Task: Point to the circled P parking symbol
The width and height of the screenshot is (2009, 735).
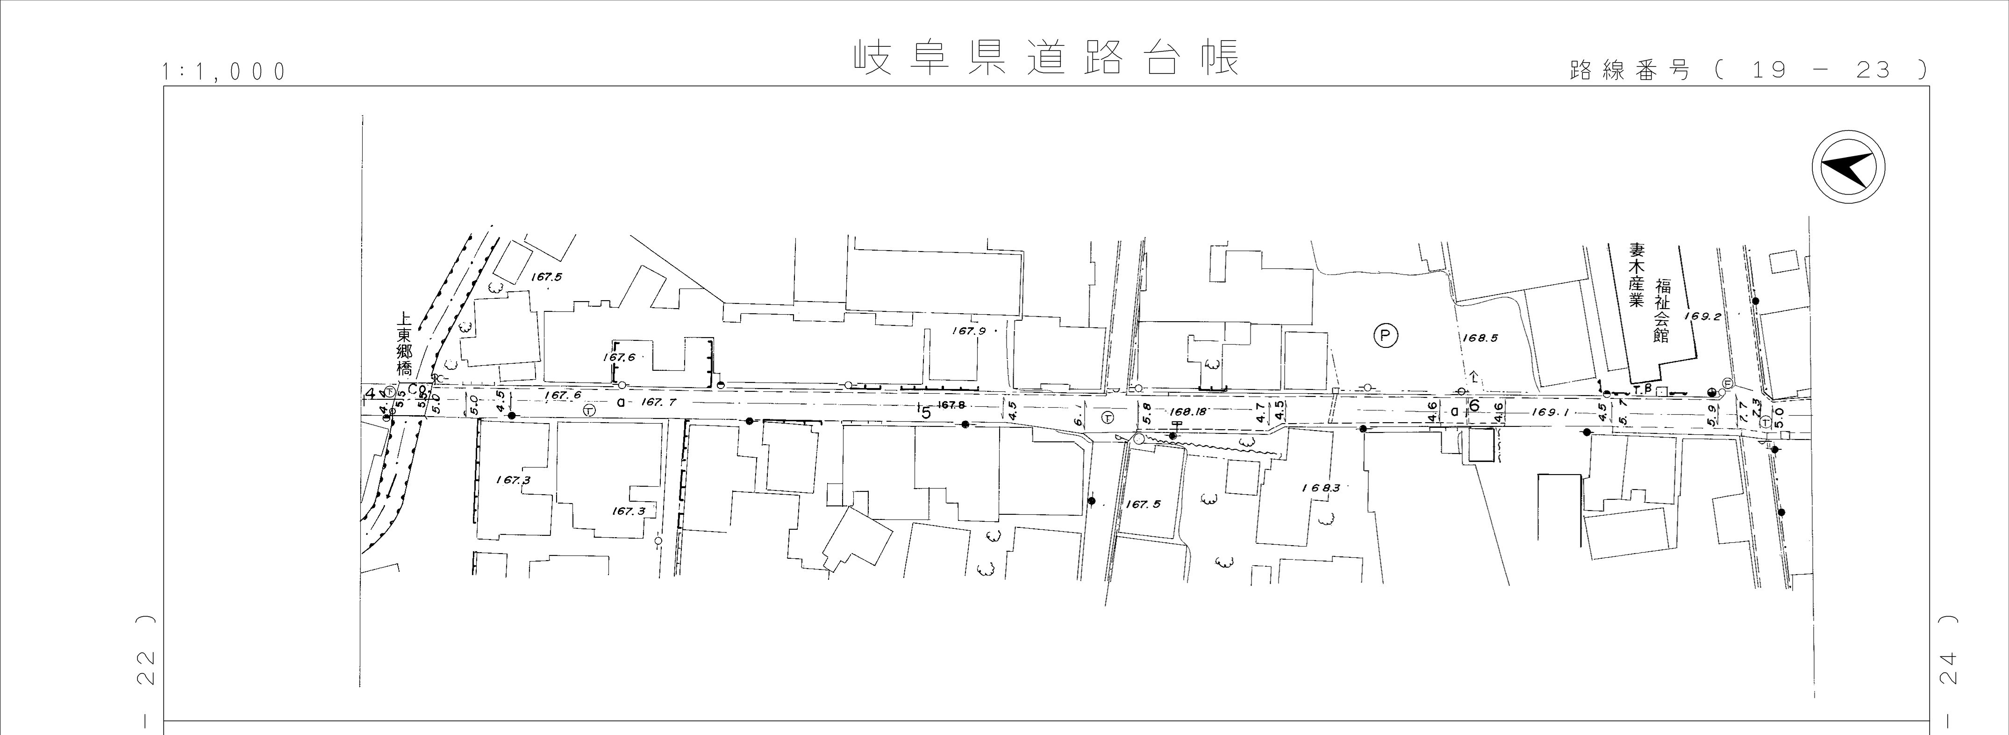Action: (x=1385, y=336)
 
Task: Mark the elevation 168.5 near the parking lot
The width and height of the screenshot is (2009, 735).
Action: (x=1480, y=339)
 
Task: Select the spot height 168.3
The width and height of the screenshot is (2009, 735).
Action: (x=1320, y=488)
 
